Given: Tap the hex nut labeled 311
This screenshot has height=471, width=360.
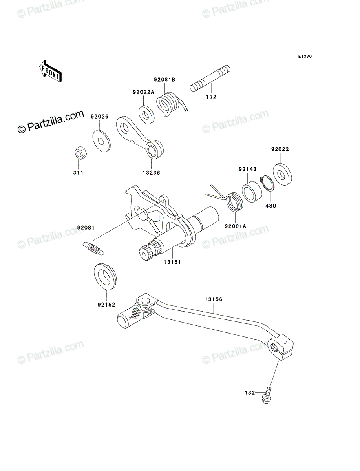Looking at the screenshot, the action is (x=80, y=152).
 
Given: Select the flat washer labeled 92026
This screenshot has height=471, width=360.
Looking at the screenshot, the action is (x=101, y=141).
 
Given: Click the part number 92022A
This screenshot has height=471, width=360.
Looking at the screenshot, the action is (x=143, y=92).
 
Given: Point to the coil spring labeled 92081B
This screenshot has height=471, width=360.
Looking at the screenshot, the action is (x=170, y=104).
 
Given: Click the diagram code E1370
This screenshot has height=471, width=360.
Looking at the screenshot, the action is (x=305, y=57).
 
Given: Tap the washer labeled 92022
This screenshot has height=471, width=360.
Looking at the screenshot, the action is (x=282, y=174).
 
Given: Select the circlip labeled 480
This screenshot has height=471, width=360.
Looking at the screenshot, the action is (x=267, y=183).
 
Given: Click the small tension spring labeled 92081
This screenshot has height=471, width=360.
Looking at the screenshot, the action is (x=93, y=248).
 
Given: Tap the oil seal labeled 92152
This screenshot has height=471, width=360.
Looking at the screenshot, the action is (x=105, y=277).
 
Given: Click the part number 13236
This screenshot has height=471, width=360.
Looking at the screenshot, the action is (x=151, y=173).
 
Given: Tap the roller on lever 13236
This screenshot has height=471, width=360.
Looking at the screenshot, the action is (x=154, y=150).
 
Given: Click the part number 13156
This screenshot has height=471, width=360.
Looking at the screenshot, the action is (x=214, y=299).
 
